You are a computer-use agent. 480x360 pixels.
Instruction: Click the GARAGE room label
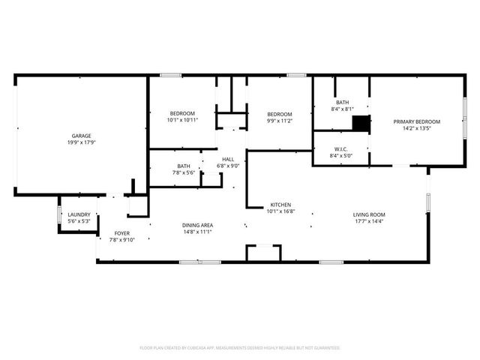tap(82, 136)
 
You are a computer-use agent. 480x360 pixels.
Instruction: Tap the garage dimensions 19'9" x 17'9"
tap(82, 142)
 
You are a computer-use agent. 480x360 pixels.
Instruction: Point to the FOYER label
tap(121, 233)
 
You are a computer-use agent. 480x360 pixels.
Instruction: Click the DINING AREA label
tap(198, 225)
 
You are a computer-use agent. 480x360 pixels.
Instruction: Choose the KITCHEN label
tap(280, 205)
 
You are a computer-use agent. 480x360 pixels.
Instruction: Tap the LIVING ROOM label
tap(369, 214)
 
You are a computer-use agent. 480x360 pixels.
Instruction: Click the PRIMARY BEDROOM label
tap(417, 121)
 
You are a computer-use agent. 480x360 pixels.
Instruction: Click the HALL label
tap(228, 159)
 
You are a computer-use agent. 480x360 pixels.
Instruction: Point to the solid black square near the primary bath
tap(362, 124)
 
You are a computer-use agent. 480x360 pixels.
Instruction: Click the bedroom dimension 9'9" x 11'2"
tap(279, 120)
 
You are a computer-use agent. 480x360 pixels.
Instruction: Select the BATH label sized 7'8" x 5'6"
tap(184, 166)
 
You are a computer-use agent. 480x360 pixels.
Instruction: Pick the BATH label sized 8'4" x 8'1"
tap(343, 102)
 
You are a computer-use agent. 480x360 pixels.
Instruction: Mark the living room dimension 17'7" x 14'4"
tap(369, 221)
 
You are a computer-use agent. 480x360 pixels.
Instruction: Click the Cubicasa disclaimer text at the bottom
tap(240, 348)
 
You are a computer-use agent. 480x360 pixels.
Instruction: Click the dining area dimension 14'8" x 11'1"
tap(198, 232)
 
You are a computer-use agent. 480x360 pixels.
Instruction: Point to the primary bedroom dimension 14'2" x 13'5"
tap(417, 127)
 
